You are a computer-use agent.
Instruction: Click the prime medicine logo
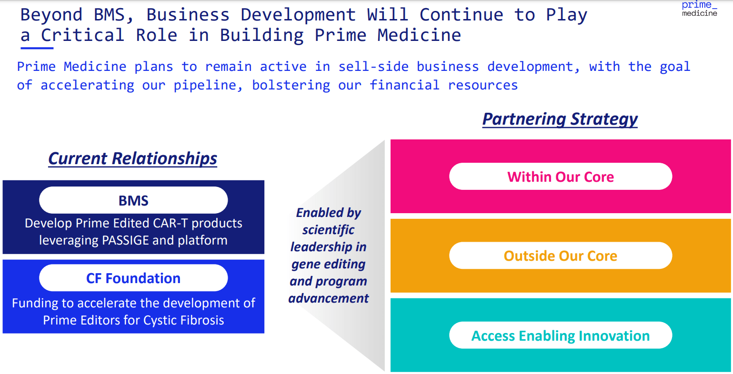click(x=699, y=9)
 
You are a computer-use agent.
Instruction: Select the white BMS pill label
click(x=133, y=200)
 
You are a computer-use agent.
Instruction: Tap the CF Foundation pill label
click(x=133, y=278)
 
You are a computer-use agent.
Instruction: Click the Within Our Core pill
click(x=561, y=177)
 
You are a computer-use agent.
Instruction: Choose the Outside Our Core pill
click(x=561, y=256)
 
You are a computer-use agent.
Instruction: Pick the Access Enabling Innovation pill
click(x=561, y=336)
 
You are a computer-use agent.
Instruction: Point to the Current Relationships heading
click(x=133, y=158)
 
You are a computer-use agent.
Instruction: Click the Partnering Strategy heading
click(x=560, y=119)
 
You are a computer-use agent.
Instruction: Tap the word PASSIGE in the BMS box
click(x=125, y=240)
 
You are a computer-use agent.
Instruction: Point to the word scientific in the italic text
click(x=328, y=230)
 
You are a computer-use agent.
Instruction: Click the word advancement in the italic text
click(x=329, y=298)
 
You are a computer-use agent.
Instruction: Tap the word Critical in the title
click(x=82, y=35)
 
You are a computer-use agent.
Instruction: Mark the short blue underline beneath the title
click(x=37, y=48)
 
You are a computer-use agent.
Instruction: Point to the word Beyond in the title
click(x=51, y=15)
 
